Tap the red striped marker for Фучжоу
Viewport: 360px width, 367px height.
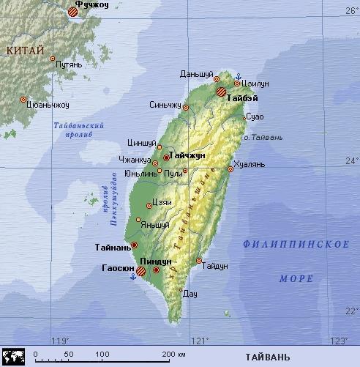[x=73, y=12]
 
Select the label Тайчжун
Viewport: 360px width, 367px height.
[x=188, y=156]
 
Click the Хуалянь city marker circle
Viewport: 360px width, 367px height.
[x=230, y=168]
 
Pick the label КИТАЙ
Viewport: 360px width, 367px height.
[x=25, y=50]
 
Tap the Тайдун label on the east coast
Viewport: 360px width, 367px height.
[x=216, y=265]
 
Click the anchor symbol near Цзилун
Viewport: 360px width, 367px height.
[x=238, y=77]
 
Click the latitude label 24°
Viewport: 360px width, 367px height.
[x=351, y=160]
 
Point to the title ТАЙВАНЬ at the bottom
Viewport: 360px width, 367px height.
[x=262, y=356]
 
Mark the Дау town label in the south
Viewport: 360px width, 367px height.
[x=190, y=294]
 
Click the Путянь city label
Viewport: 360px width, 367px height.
[x=69, y=65]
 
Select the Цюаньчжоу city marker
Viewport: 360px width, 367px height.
[x=23, y=99]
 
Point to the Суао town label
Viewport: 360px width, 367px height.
[x=255, y=116]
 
